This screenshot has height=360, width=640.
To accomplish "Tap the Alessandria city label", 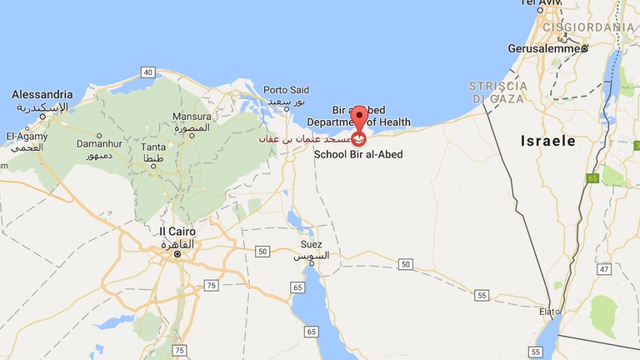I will point(42,95).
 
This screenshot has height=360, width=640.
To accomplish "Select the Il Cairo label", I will point(176,231).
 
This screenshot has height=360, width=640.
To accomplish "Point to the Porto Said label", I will point(286,90).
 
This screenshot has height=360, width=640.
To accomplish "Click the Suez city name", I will point(309,244).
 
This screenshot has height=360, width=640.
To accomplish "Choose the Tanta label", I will point(154,148).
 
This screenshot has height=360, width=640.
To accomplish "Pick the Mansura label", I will point(192,117).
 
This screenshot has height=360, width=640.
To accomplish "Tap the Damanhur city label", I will point(76,144).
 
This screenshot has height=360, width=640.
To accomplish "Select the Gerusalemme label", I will point(547,47).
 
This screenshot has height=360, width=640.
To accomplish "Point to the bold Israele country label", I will point(548,141).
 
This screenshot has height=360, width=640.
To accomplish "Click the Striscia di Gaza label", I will point(498,92).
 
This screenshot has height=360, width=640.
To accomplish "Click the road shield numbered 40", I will point(147,72).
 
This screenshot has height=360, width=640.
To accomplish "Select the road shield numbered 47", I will point(603,269).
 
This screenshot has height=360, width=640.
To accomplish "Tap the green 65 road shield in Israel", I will point(592,177).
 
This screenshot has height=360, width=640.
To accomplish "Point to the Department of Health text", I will point(371,122).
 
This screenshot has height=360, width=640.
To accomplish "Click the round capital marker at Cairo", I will point(176,253).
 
